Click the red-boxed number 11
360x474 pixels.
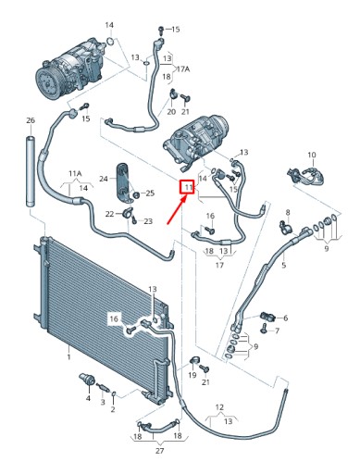click(x=188, y=187)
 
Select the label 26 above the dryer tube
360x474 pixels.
click(x=31, y=120)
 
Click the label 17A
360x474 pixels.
click(x=183, y=69)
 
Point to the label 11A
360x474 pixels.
click(x=75, y=173)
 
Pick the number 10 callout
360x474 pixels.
click(x=312, y=155)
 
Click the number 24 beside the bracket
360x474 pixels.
click(x=104, y=179)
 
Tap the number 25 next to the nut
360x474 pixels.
click(x=150, y=193)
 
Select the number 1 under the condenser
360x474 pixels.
click(x=68, y=357)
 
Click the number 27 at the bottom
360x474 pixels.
click(x=159, y=451)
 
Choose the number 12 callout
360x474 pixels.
click(x=219, y=407)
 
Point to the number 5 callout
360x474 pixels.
click(x=284, y=265)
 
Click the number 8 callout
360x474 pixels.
click(x=288, y=212)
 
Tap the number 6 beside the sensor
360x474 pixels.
click(x=285, y=318)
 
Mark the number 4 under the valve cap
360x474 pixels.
click(x=88, y=398)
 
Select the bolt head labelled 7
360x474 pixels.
click(x=264, y=329)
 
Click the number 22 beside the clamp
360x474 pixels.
click(x=109, y=214)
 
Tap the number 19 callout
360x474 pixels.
click(x=192, y=375)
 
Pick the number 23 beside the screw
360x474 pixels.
click(x=148, y=221)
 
